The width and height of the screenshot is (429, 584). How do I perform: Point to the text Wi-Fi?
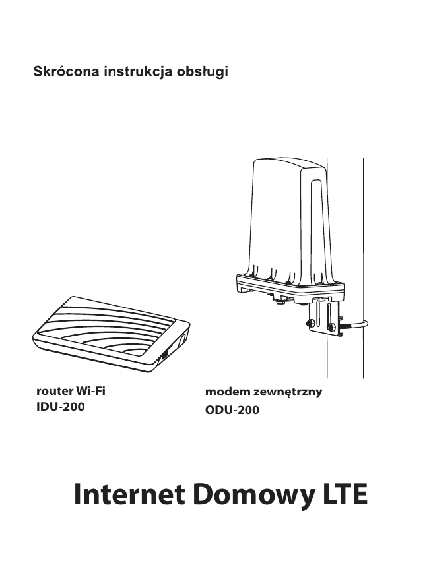[91, 390]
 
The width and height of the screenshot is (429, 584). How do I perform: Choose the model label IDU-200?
[60, 407]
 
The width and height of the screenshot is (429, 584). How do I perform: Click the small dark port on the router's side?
[164, 356]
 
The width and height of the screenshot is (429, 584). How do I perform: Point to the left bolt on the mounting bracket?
[309, 323]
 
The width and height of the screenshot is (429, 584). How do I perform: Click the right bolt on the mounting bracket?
[330, 326]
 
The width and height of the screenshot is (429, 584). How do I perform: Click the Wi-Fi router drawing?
[112, 333]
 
